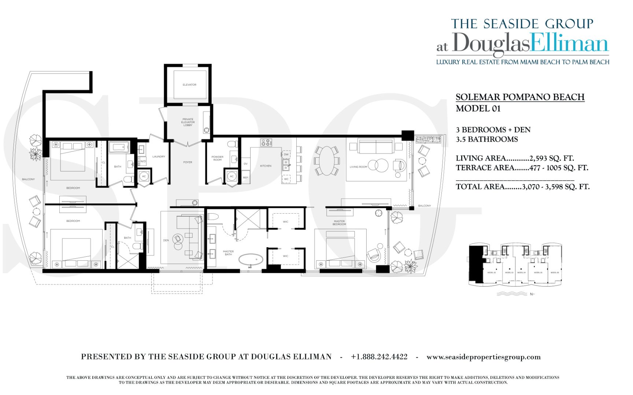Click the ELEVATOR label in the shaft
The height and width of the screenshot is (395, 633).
click(189, 85)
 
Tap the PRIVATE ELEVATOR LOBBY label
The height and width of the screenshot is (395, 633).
click(188, 122)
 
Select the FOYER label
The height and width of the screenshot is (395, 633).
click(188, 162)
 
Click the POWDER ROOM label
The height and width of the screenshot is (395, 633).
click(217, 158)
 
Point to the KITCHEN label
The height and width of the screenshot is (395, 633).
click(266, 166)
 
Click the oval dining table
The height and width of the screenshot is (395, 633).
click(327, 161)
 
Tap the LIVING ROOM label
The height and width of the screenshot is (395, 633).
click(358, 167)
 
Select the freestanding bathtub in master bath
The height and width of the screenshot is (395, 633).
click(251, 260)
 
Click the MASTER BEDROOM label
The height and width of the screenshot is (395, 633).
click(339, 222)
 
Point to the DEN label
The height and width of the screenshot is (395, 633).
click(166, 241)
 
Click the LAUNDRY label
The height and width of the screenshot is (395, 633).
click(159, 157)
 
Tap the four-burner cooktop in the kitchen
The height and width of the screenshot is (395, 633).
click(266, 143)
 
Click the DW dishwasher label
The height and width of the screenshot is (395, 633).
click(286, 155)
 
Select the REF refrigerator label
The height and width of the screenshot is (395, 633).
click(245, 178)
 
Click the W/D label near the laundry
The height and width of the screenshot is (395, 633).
click(143, 161)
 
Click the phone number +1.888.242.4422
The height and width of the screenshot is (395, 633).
click(379, 357)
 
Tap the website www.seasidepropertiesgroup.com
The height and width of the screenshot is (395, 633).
click(483, 357)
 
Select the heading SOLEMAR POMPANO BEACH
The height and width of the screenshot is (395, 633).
click(520, 97)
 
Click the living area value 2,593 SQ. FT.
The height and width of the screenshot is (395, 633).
click(552, 158)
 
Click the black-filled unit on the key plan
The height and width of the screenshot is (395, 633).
click(476, 263)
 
